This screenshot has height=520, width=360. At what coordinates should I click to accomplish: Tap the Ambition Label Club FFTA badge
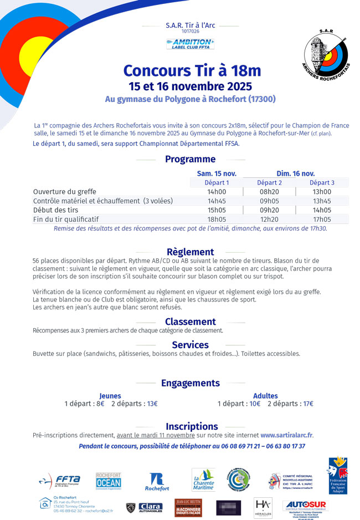point(190,44)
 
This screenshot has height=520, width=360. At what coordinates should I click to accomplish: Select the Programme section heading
point(190,160)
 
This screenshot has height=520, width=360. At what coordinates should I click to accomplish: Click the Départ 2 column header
point(269,182)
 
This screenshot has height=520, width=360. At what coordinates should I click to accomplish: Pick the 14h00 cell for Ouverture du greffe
point(217,192)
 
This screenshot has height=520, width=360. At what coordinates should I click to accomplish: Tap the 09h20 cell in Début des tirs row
point(269,210)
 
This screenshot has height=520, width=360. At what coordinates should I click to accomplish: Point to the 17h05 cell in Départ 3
point(322,220)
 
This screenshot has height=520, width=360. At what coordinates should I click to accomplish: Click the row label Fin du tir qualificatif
point(74,220)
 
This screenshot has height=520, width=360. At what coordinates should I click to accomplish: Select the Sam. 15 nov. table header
point(217,174)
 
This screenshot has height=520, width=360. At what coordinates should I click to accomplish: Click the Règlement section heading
point(190,252)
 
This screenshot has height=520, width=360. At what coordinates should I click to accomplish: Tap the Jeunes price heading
point(110,396)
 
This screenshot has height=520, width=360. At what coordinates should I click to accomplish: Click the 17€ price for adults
point(308,404)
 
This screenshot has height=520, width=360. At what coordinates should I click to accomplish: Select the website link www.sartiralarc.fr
point(286,435)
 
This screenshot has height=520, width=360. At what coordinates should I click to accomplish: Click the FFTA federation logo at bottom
point(60,480)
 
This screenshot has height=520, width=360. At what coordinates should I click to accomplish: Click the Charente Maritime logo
point(203,480)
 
